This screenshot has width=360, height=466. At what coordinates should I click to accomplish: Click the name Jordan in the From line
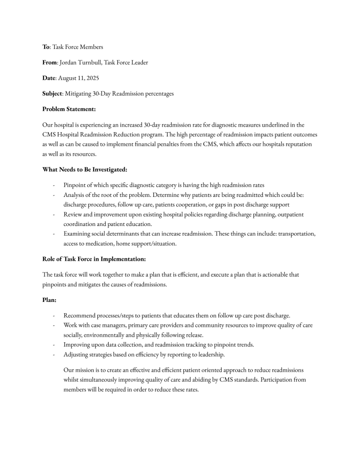pos(68,62)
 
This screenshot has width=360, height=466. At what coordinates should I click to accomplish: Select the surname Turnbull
pos(92,62)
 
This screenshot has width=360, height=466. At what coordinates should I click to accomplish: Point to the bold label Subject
pos(52,94)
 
